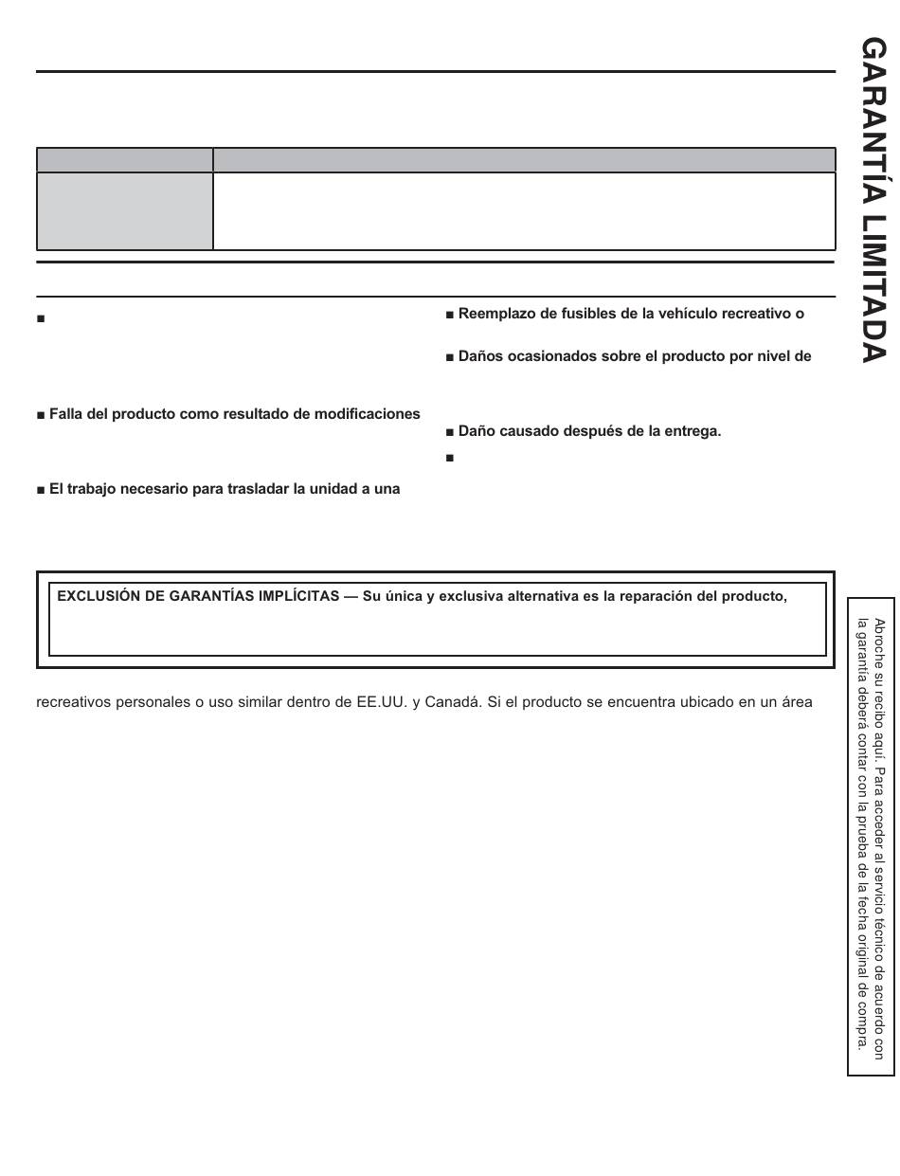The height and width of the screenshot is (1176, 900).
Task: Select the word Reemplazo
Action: [492, 314]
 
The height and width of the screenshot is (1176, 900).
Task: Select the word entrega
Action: [693, 430]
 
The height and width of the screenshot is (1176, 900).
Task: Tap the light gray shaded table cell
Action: [124, 211]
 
